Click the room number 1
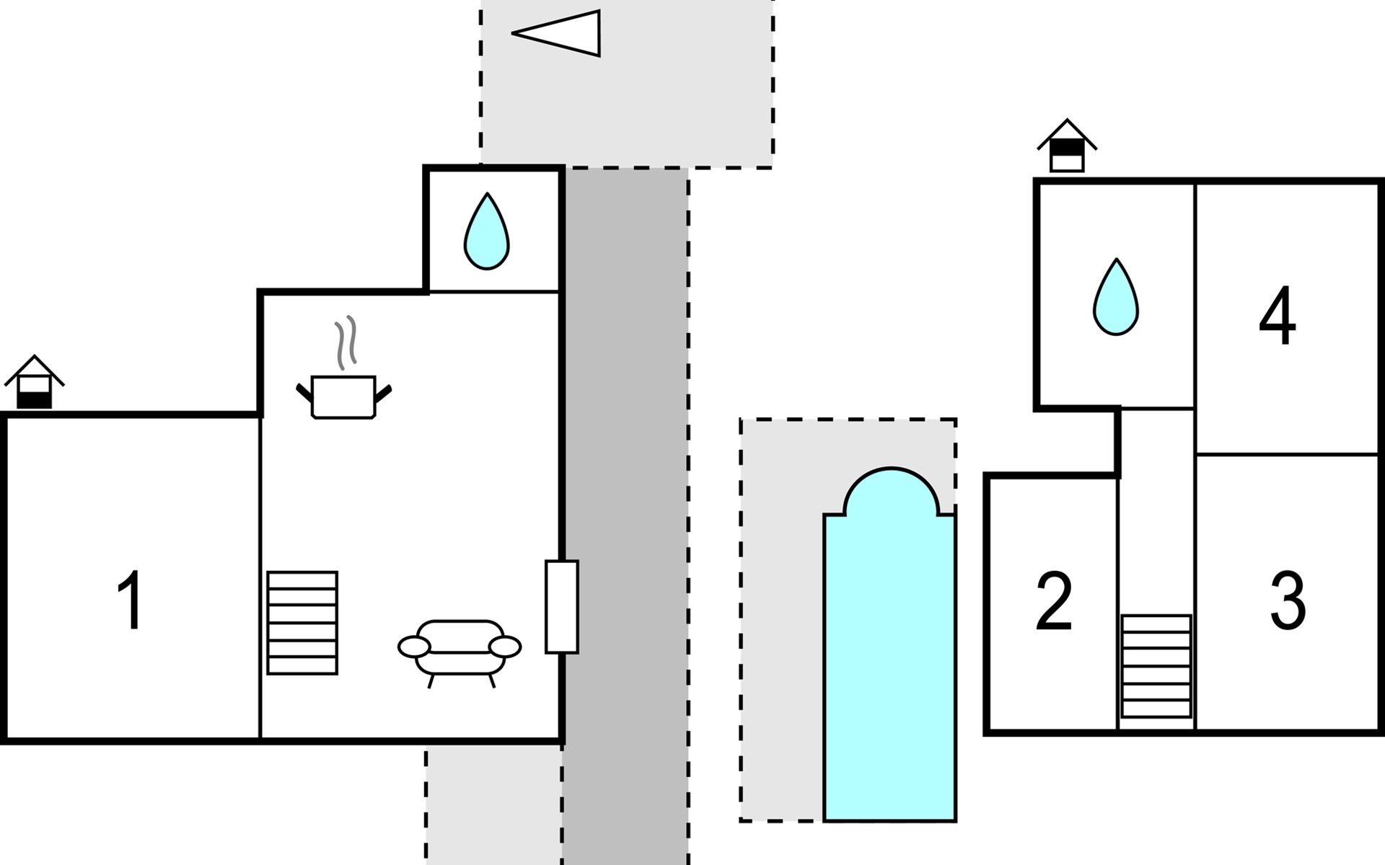(130, 600)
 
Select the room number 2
(1053, 600)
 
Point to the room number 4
(1277, 316)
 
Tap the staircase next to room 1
(302, 623)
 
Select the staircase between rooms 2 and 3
(1156, 666)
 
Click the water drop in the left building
(487, 232)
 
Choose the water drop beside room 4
(1116, 297)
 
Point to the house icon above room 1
(35, 382)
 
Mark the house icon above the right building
(1067, 146)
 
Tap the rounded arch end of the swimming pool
(891, 490)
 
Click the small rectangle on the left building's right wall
(561, 606)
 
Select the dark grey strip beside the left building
(625, 515)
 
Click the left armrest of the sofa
(414, 647)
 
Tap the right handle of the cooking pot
(383, 393)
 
